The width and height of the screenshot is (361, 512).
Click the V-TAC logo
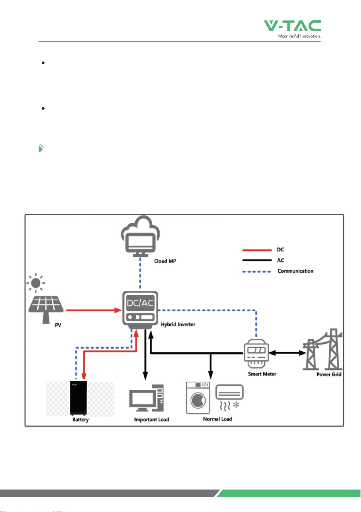292,29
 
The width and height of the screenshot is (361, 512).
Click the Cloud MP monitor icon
140,236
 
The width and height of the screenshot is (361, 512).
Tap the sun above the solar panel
36,283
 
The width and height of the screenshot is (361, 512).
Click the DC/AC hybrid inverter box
140,309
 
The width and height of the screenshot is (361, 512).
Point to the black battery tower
78,398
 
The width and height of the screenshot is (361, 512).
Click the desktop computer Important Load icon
146,398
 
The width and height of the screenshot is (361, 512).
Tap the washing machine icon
198,398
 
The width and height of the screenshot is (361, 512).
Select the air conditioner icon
230,397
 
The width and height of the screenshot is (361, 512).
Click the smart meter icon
256,353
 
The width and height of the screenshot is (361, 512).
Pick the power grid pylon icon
322,349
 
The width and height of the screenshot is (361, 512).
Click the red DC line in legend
257,250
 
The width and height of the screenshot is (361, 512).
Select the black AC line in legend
257,260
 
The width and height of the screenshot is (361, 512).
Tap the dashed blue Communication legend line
257,271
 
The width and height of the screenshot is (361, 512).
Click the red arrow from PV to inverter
94,310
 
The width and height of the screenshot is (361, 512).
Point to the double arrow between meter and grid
288,353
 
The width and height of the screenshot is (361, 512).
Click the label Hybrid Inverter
178,324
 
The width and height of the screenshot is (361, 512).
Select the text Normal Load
218,419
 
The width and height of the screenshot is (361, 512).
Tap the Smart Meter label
262,374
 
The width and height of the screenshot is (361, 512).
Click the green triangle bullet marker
41,148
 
